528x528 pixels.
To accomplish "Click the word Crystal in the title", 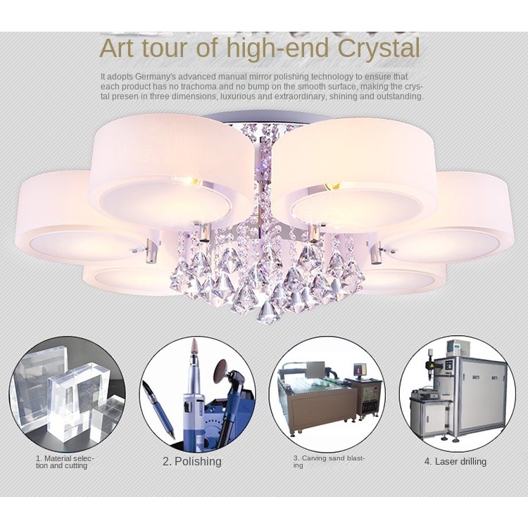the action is tap(379, 49).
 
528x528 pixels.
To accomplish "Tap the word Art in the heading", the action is tap(116, 48).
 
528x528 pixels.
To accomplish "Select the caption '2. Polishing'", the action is tap(192, 461).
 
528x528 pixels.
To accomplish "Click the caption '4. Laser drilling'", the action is tap(455, 461).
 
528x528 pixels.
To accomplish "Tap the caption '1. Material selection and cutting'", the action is tap(65, 462).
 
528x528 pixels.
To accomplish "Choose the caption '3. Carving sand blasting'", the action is tap(329, 462).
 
